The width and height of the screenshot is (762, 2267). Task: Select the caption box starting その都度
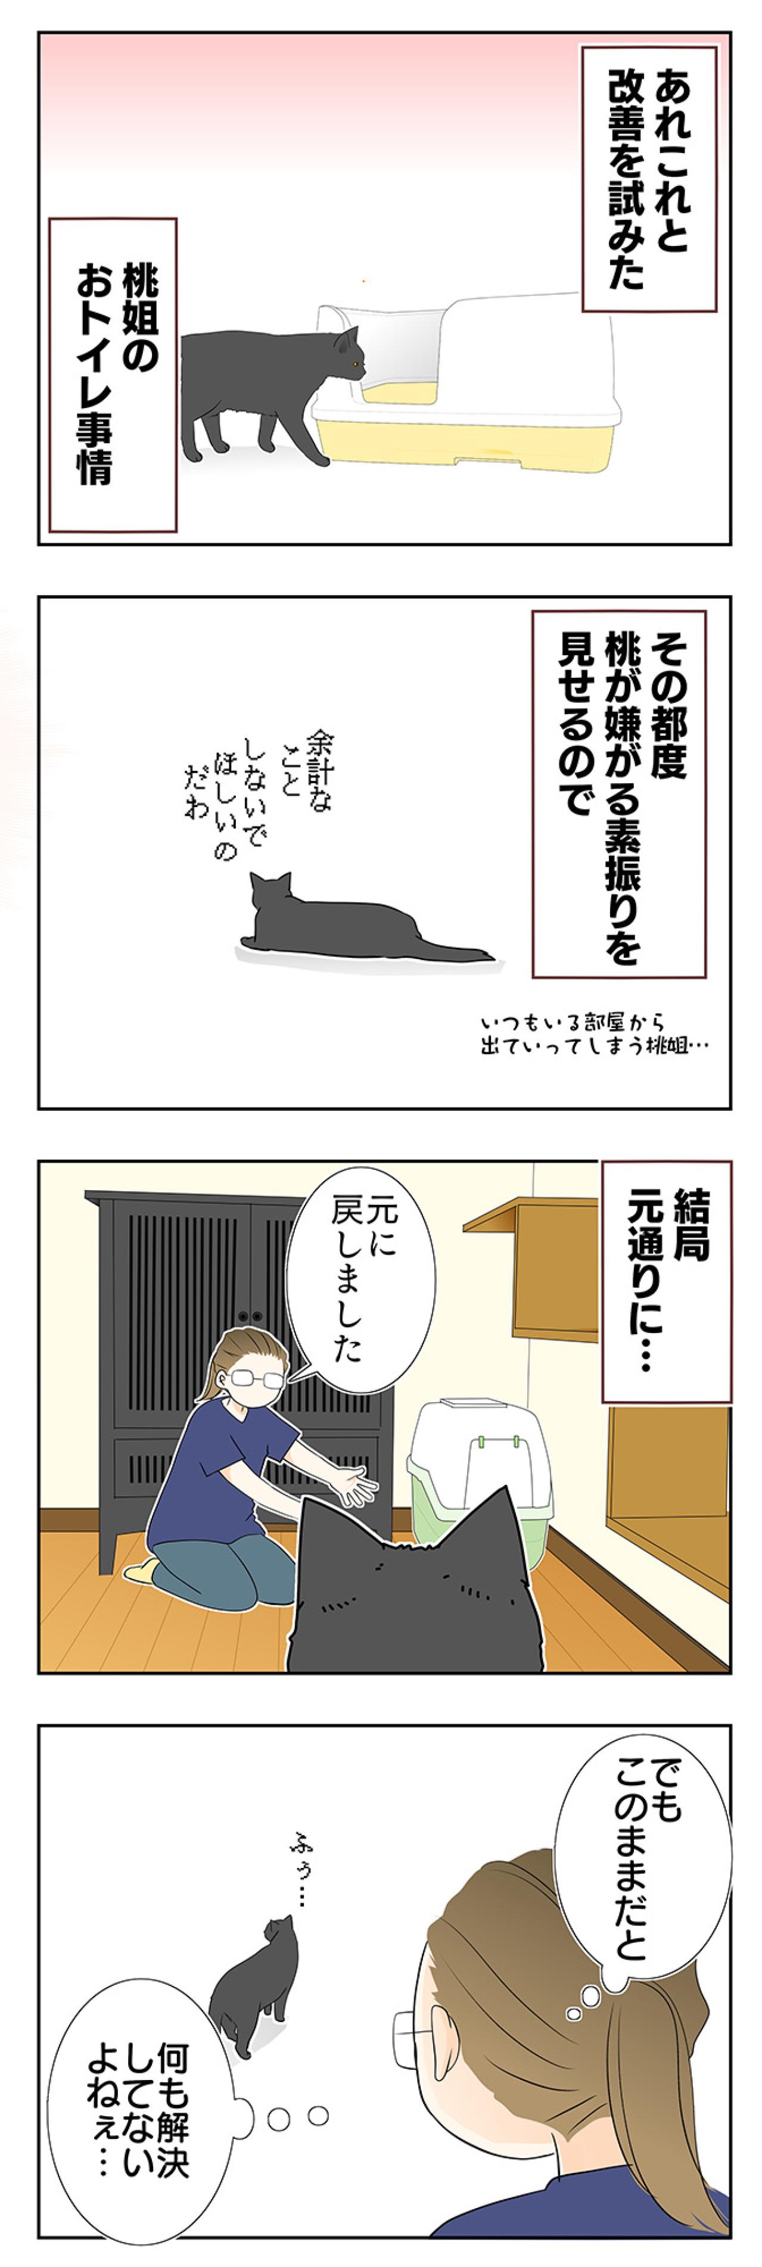(618, 795)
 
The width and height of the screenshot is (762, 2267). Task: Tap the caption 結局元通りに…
(666, 1281)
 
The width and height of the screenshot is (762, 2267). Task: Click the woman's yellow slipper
(141, 1571)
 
